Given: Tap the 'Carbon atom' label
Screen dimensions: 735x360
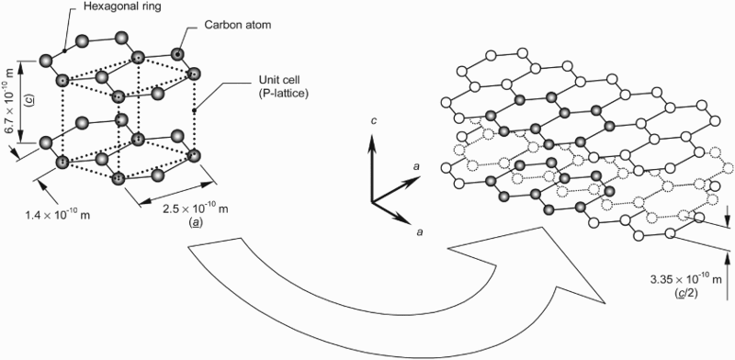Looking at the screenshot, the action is [x=237, y=25].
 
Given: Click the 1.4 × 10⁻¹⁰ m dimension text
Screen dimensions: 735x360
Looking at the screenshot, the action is [x=57, y=215].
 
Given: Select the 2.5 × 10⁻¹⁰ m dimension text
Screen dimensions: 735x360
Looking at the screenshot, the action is [x=196, y=209].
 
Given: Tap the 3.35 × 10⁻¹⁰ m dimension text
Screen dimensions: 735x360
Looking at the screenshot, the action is [x=685, y=280].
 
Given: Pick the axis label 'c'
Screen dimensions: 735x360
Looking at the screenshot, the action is [x=372, y=121].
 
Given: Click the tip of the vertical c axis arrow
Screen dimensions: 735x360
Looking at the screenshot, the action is [x=372, y=134].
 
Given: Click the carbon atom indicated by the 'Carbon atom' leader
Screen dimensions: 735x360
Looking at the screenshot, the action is [x=177, y=54].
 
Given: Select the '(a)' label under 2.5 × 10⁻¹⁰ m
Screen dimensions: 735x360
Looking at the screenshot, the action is [x=195, y=222].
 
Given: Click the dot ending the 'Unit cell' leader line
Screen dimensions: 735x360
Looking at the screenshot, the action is [x=193, y=110].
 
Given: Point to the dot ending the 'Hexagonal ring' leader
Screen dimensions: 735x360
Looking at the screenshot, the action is [x=64, y=51].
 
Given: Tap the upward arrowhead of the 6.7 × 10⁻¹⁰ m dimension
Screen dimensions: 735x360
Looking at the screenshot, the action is [x=19, y=66].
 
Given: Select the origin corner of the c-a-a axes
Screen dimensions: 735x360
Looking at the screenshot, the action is [x=372, y=202].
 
